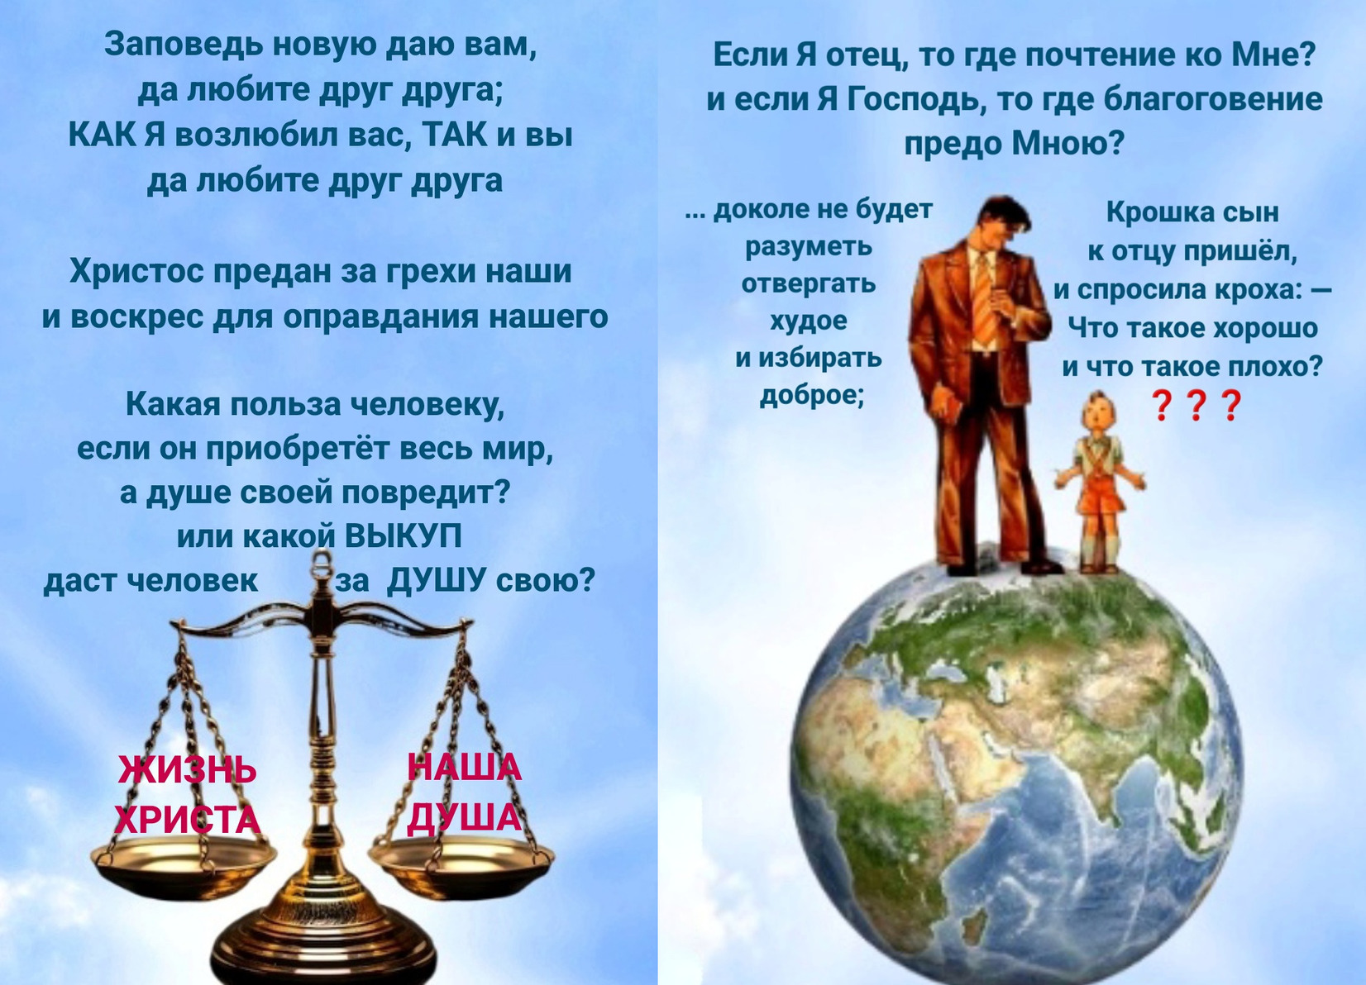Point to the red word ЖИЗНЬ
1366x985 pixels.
pyautogui.click(x=187, y=769)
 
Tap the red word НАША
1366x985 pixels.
pyautogui.click(x=465, y=767)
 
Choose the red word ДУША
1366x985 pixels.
pyautogui.click(x=464, y=816)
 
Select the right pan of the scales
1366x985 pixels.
pyautogui.click(x=461, y=859)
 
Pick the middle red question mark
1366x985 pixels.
pyautogui.click(x=1196, y=406)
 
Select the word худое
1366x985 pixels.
pyautogui.click(x=809, y=321)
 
